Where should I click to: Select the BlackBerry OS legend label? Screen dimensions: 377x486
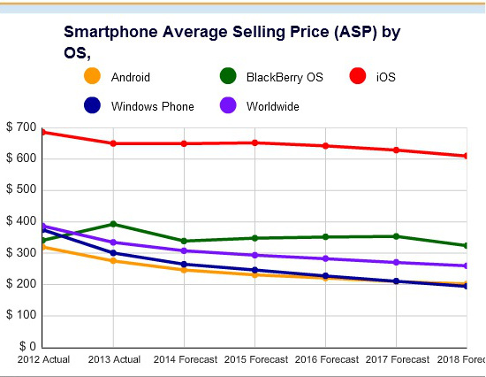coord(285,78)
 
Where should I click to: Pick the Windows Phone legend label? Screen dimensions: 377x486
coord(153,106)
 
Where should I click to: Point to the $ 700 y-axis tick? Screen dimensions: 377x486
coord(20,128)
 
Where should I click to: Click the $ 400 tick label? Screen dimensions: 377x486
coord(20,221)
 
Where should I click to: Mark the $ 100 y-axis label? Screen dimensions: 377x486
coord(20,315)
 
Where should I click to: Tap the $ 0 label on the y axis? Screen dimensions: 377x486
coord(26,346)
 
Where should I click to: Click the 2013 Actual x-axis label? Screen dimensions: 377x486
coord(114,360)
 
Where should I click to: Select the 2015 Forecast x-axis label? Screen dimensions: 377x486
coord(254,360)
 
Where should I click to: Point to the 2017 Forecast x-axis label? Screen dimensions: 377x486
coord(396,360)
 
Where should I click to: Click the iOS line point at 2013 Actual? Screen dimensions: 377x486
coord(113,143)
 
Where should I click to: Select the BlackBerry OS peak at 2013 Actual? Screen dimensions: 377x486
coord(113,224)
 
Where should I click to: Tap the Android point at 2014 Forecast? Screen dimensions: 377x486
coord(184,270)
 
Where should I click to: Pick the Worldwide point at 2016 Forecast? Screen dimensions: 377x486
coord(325,258)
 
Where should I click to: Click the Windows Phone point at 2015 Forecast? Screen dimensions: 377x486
coord(254,270)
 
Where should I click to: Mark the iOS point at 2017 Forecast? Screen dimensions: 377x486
coord(396,150)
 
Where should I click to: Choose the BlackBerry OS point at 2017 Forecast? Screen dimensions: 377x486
coord(396,236)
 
